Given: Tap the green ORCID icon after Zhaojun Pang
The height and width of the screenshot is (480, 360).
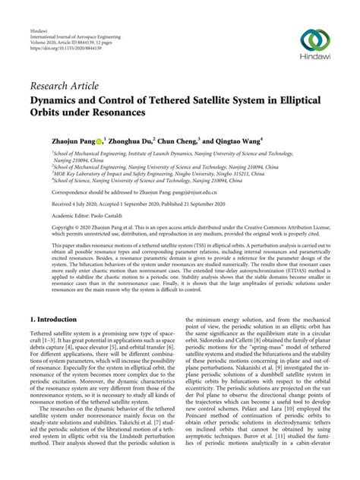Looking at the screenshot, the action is [109, 141].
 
